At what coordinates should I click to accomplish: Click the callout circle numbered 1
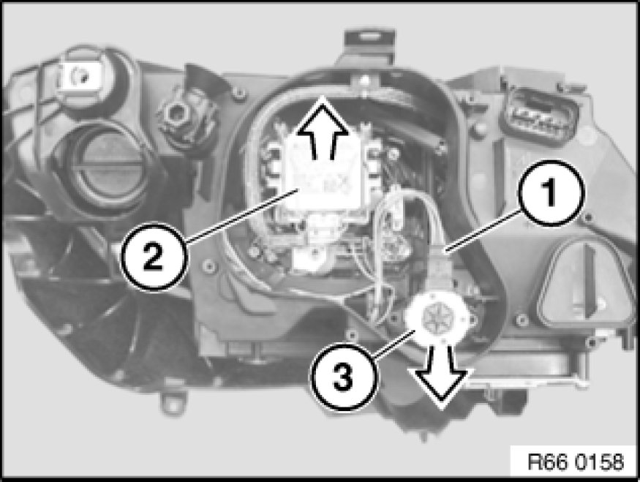coord(551,192)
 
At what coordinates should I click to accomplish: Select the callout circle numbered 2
coord(154,257)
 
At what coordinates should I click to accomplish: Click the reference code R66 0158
coord(576,462)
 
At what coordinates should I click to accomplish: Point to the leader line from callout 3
coord(394,345)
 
